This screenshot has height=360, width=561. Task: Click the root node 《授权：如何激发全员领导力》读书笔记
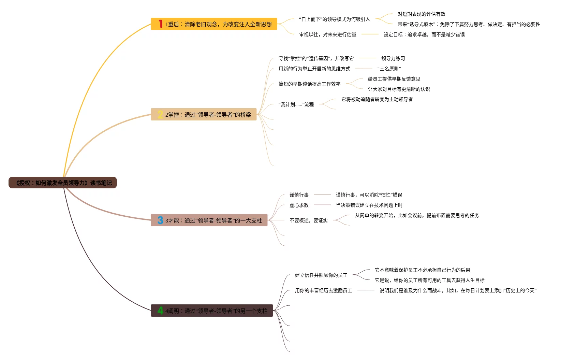(x=63, y=183)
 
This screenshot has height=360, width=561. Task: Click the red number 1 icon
(x=160, y=24)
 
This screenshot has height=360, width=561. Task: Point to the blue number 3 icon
(x=160, y=220)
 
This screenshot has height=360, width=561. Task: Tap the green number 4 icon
(x=160, y=311)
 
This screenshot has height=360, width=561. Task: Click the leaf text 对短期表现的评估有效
(x=421, y=14)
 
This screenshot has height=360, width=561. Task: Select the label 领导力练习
(x=393, y=58)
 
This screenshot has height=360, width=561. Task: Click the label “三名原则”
(x=389, y=69)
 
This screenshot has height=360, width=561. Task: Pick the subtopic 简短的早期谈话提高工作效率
(x=309, y=84)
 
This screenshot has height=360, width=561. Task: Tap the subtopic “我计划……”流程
(x=296, y=104)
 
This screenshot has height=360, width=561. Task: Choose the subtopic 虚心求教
(x=299, y=205)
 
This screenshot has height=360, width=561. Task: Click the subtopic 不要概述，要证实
(x=308, y=220)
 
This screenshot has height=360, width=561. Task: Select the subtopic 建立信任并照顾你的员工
(x=321, y=275)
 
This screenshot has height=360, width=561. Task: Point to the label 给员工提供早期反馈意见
(x=394, y=79)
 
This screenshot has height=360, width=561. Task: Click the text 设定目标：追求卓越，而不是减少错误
(x=424, y=34)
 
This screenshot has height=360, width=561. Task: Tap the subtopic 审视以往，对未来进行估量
(x=327, y=34)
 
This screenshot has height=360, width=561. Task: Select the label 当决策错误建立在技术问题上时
(x=369, y=205)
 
